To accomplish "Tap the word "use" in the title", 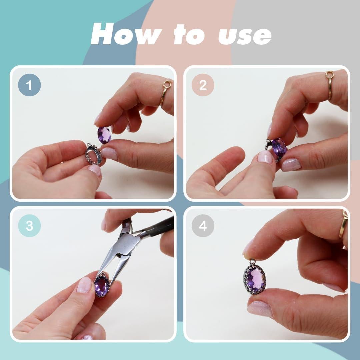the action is [x=245, y=36].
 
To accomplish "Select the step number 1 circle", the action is [x=29, y=85].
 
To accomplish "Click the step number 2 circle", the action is [x=203, y=85].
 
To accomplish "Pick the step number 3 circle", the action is [x=29, y=226].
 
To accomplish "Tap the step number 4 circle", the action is [x=203, y=226].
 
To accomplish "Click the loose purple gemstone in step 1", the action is [x=104, y=135].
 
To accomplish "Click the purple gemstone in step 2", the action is [x=279, y=147].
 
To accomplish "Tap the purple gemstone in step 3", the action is [x=101, y=287].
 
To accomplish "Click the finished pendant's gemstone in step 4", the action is [x=255, y=279].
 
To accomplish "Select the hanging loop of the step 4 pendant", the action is [x=252, y=261].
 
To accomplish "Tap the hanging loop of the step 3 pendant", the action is [x=103, y=275].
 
